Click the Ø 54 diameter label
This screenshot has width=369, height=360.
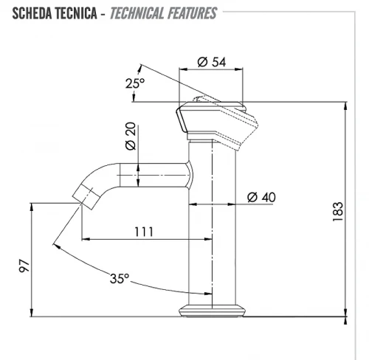coord(212,62)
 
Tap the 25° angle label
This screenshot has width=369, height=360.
coord(135,83)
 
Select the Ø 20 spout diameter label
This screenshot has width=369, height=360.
coord(131,136)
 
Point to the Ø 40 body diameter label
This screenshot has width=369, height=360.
coord(261,197)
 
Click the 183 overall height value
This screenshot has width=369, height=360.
coord(338,212)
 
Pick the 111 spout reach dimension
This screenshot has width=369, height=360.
coord(144,232)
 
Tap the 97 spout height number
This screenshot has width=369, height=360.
coord(24,266)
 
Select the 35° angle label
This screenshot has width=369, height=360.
coord(120,279)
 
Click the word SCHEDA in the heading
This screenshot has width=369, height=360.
coord(32,13)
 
